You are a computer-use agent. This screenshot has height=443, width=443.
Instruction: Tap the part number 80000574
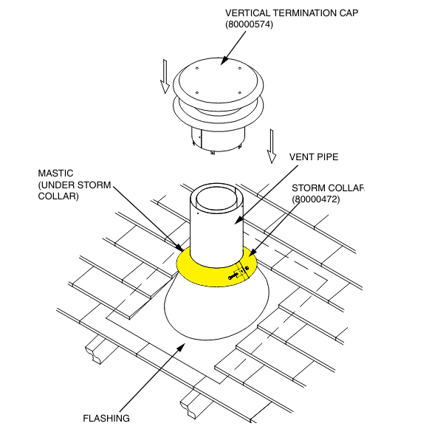coord(251,25)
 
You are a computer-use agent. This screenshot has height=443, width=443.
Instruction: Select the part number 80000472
coord(315,199)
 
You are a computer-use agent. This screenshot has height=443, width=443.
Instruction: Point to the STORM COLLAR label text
coord(328,188)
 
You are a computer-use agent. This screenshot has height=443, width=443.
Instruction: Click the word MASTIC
coord(55,174)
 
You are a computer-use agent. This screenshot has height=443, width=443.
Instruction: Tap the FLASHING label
coord(106,418)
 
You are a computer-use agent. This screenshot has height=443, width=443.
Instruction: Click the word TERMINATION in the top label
coord(298,13)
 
